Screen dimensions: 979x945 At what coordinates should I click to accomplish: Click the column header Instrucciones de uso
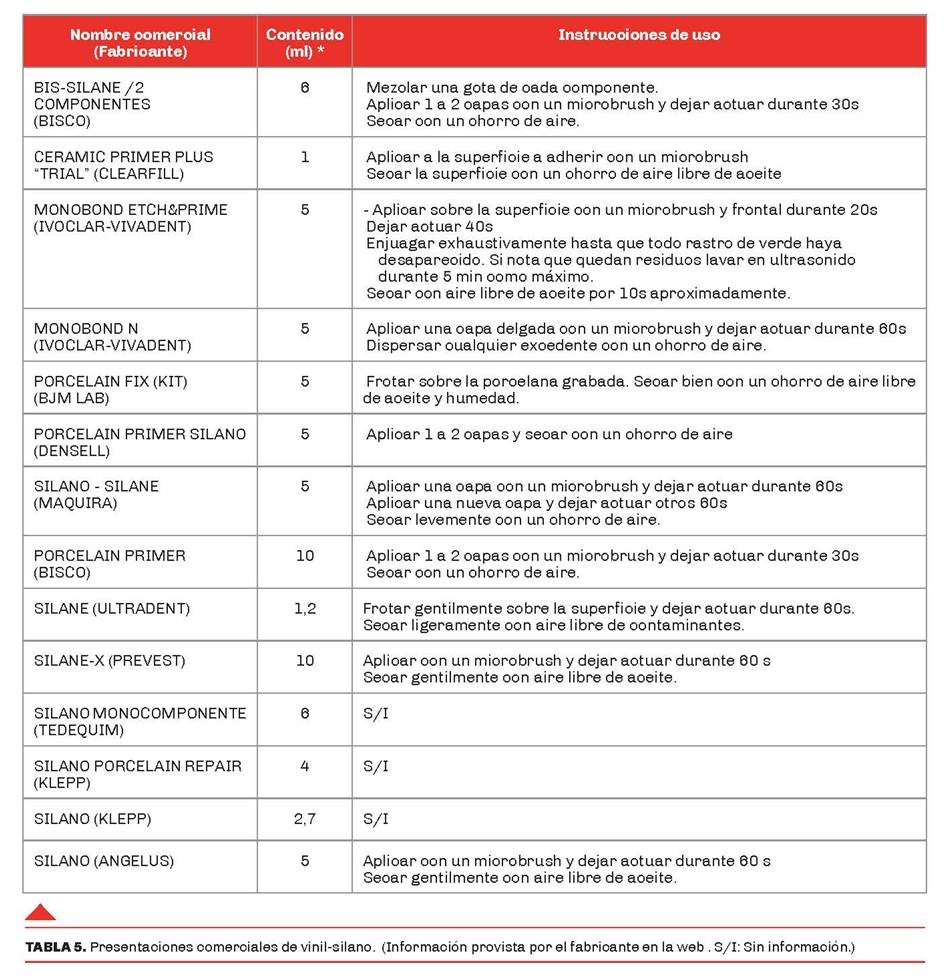click(x=639, y=35)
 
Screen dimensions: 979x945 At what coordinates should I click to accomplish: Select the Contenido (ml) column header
click(x=304, y=43)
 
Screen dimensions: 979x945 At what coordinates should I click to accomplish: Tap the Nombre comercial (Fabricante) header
click(x=140, y=43)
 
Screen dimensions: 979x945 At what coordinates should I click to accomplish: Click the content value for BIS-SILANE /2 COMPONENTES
click(x=305, y=88)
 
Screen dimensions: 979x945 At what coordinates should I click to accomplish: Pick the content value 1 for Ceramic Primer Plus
click(x=305, y=157)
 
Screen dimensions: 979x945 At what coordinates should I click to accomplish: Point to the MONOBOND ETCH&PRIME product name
click(x=130, y=210)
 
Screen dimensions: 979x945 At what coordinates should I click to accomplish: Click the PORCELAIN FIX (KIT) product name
click(x=110, y=381)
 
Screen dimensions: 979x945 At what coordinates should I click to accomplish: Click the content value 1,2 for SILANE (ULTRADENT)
click(x=305, y=608)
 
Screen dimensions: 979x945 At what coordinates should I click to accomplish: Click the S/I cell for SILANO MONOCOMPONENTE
click(x=376, y=714)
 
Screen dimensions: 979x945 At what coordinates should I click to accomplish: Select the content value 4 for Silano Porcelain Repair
click(x=305, y=766)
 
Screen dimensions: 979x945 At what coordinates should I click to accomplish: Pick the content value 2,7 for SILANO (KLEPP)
click(x=305, y=819)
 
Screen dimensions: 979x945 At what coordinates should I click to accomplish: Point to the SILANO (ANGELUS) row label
click(x=103, y=861)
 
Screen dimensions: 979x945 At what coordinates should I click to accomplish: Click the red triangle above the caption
click(x=40, y=911)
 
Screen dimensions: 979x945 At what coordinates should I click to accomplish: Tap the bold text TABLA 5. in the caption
click(x=55, y=946)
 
